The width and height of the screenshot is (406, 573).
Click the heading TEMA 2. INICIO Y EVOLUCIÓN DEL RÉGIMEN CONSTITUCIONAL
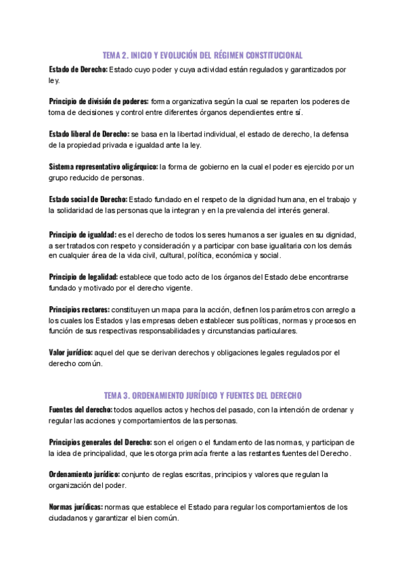point(203,55)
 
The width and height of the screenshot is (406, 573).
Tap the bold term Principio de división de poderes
point(99,101)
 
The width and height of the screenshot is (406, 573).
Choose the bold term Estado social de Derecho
point(88,199)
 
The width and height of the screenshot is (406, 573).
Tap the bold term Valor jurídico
point(71,353)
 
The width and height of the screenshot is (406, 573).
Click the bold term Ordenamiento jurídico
point(85,474)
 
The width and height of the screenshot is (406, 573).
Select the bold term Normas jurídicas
point(76,507)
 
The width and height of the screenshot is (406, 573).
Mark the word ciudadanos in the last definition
point(70,518)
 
